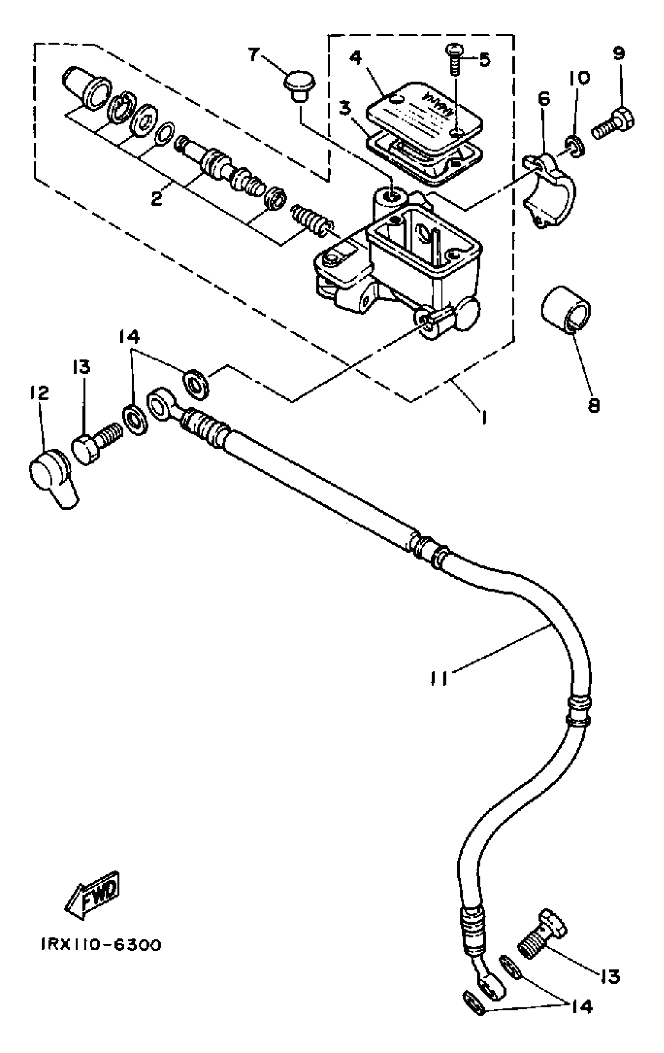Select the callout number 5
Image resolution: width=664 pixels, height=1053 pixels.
coord(484,59)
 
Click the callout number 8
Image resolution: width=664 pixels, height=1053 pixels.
coord(593,405)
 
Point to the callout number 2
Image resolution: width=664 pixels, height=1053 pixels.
coord(156,199)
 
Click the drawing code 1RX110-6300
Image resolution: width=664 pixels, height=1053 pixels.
coord(101,946)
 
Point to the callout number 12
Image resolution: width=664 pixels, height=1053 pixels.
coord(39,394)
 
